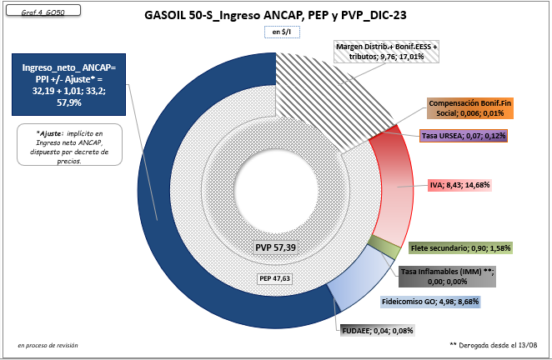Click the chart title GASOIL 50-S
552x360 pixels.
click(x=280, y=15)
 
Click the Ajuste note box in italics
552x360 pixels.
click(x=69, y=147)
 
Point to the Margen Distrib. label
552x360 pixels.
click(x=386, y=52)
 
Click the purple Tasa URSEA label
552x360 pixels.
click(x=464, y=135)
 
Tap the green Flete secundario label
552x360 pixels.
click(x=461, y=247)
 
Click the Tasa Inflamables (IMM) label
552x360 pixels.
click(x=448, y=277)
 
